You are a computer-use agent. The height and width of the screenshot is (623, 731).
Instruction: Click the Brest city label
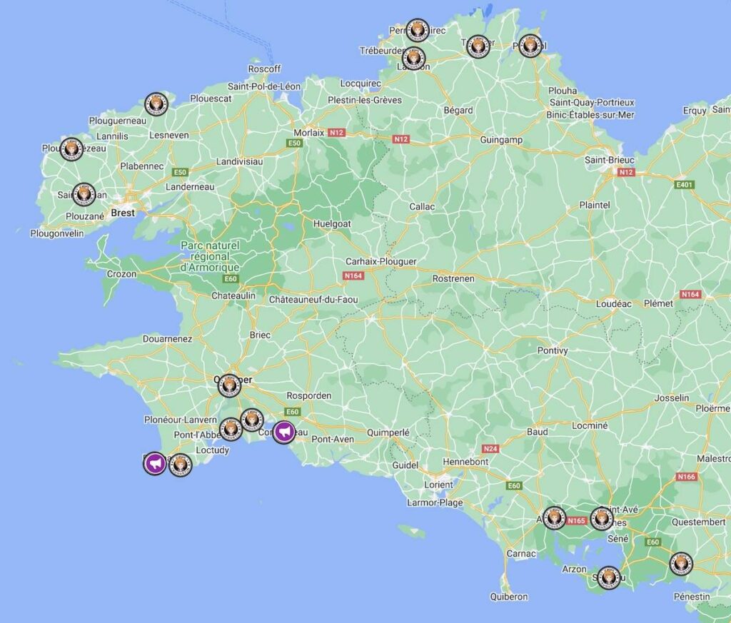coord(123,213)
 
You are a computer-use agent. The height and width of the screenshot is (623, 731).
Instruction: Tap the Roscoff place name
coord(264,69)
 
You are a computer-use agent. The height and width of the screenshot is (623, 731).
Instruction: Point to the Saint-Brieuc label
coord(610,160)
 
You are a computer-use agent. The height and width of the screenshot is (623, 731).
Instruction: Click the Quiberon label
coord(509,597)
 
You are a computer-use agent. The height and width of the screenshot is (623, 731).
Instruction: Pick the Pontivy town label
coord(553,350)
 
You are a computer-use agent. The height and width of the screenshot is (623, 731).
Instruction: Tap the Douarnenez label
coord(167,339)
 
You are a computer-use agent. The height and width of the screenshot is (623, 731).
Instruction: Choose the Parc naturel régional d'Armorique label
coord(210,256)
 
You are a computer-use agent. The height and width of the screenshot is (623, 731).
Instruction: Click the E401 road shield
coord(685,184)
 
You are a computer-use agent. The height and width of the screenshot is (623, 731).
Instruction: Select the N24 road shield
coord(490,449)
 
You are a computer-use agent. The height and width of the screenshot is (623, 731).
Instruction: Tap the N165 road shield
coord(576,521)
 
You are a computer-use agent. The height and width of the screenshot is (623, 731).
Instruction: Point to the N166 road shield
coord(686,477)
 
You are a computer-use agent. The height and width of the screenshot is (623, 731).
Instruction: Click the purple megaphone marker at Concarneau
coord(284,432)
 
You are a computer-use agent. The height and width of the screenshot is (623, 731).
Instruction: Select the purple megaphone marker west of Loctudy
coord(155,463)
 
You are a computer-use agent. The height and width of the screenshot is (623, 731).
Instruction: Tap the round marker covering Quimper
coord(229,385)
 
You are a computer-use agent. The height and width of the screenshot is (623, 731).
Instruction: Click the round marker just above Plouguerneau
coord(156,104)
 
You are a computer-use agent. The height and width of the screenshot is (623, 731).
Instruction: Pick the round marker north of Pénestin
coord(681,564)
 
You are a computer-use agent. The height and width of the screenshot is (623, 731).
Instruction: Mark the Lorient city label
coord(438,485)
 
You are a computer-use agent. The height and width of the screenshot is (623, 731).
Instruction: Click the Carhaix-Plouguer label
coord(380,261)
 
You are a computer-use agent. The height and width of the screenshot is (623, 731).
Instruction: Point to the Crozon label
coord(121,274)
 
